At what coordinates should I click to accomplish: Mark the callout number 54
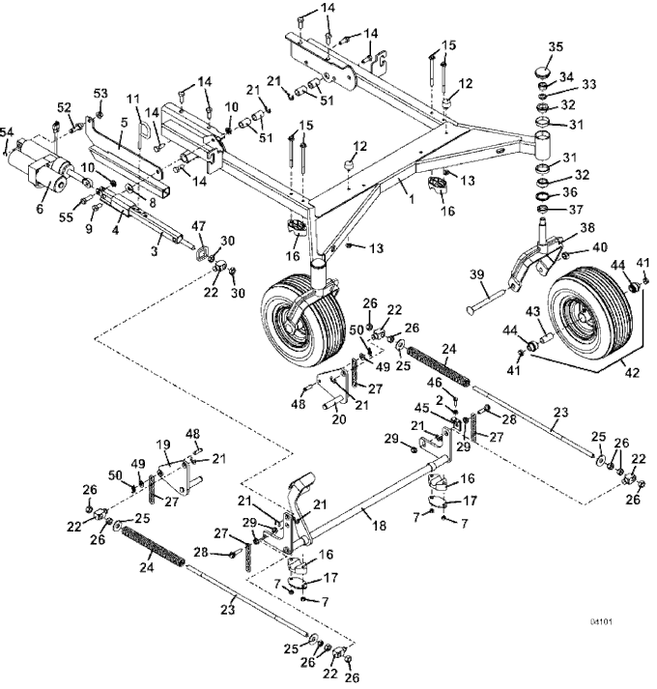pos(7,129)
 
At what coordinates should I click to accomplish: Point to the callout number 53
pos(100,92)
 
